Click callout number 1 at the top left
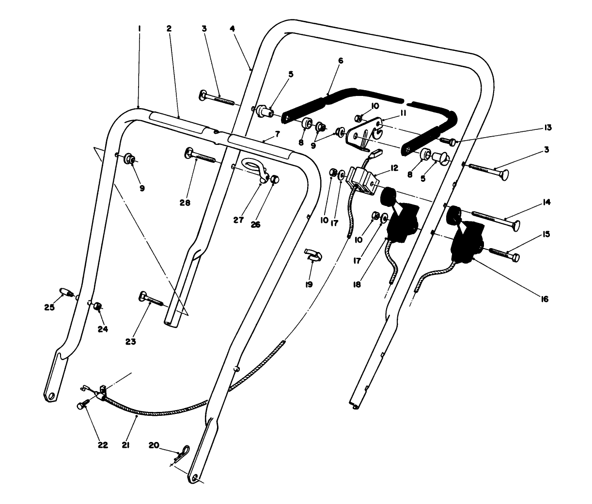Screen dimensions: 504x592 click(139, 29)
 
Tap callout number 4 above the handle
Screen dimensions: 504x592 click(233, 29)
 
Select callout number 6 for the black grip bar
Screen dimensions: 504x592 click(340, 61)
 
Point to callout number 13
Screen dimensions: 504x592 click(548, 127)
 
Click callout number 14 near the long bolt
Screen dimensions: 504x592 click(546, 203)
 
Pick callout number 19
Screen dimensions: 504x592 click(309, 284)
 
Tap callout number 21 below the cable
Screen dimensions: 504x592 click(125, 444)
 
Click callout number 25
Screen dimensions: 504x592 click(47, 307)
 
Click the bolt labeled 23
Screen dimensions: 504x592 click(151, 299)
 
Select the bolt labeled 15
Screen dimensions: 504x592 click(505, 253)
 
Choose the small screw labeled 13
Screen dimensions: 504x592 click(449, 141)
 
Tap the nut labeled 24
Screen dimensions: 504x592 click(97, 306)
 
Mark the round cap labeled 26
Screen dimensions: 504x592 click(275, 179)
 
